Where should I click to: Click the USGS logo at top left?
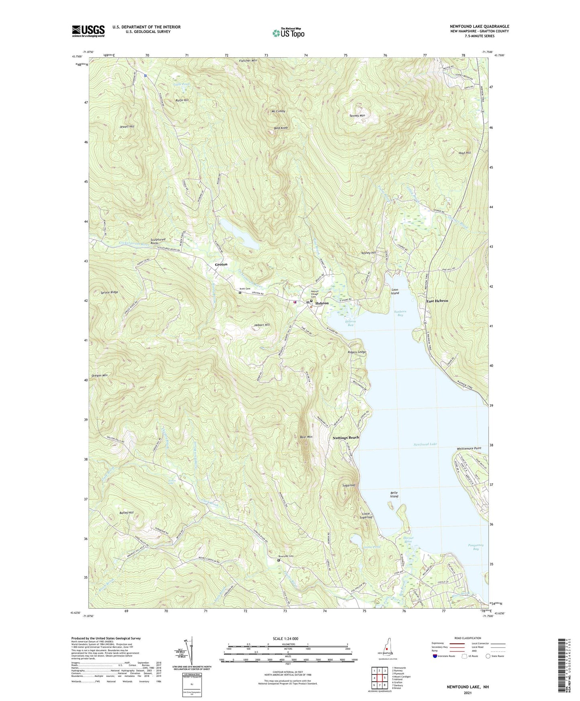click(88, 31)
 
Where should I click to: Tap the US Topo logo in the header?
click(288, 33)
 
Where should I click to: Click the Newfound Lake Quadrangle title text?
click(479, 26)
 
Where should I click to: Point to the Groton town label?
click(221, 265)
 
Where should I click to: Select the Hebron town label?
click(322, 303)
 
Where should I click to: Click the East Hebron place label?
click(437, 301)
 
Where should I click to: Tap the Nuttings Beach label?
click(346, 437)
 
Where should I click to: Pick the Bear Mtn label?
click(306, 437)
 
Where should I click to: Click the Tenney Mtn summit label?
click(357, 116)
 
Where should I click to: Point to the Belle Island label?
click(394, 494)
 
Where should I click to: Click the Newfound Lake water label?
click(425, 444)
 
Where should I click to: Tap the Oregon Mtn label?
click(100, 375)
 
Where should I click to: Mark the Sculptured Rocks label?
click(155, 241)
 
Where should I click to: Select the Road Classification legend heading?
click(468, 638)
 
